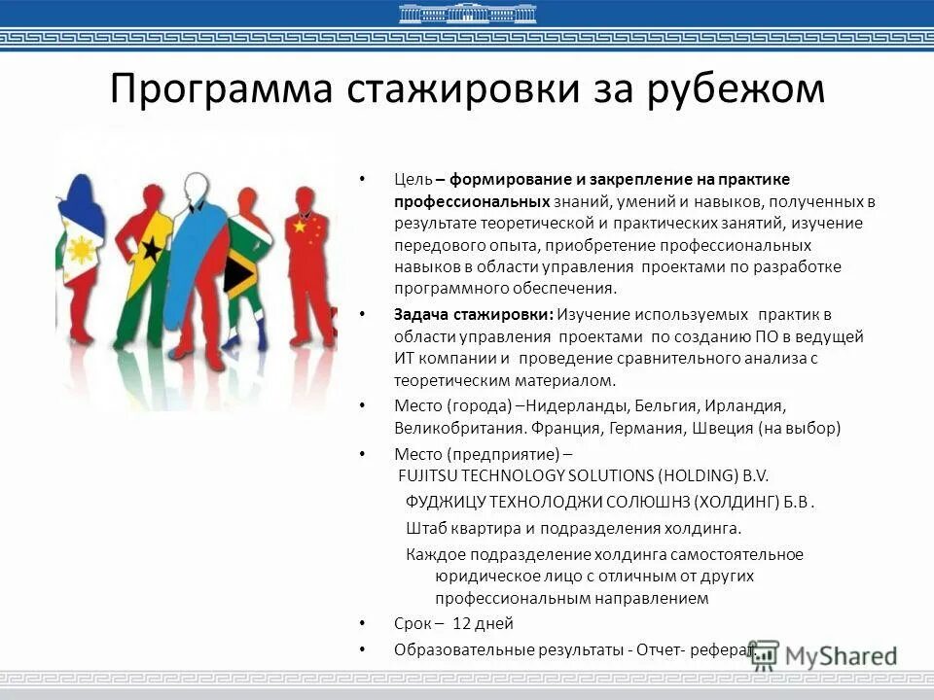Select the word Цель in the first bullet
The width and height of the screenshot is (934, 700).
413,180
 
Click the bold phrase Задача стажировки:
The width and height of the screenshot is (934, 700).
474,314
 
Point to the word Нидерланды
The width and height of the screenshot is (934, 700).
560,404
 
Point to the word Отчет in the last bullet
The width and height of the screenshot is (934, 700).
661,648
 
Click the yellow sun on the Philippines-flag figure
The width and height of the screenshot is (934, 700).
81,250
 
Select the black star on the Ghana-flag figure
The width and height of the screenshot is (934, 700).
151,249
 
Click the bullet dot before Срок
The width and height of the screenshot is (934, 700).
361,624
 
